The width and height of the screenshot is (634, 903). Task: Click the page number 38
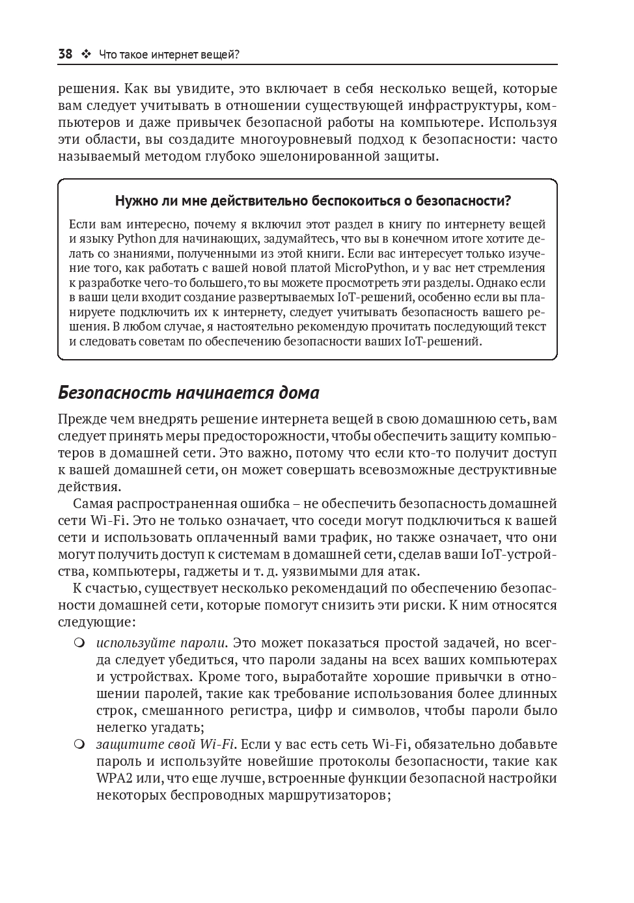tap(65, 55)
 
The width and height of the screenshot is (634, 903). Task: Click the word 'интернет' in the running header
tap(174, 55)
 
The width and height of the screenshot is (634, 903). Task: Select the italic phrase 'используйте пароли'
tap(161, 643)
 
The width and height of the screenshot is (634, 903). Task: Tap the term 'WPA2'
tap(115, 778)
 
